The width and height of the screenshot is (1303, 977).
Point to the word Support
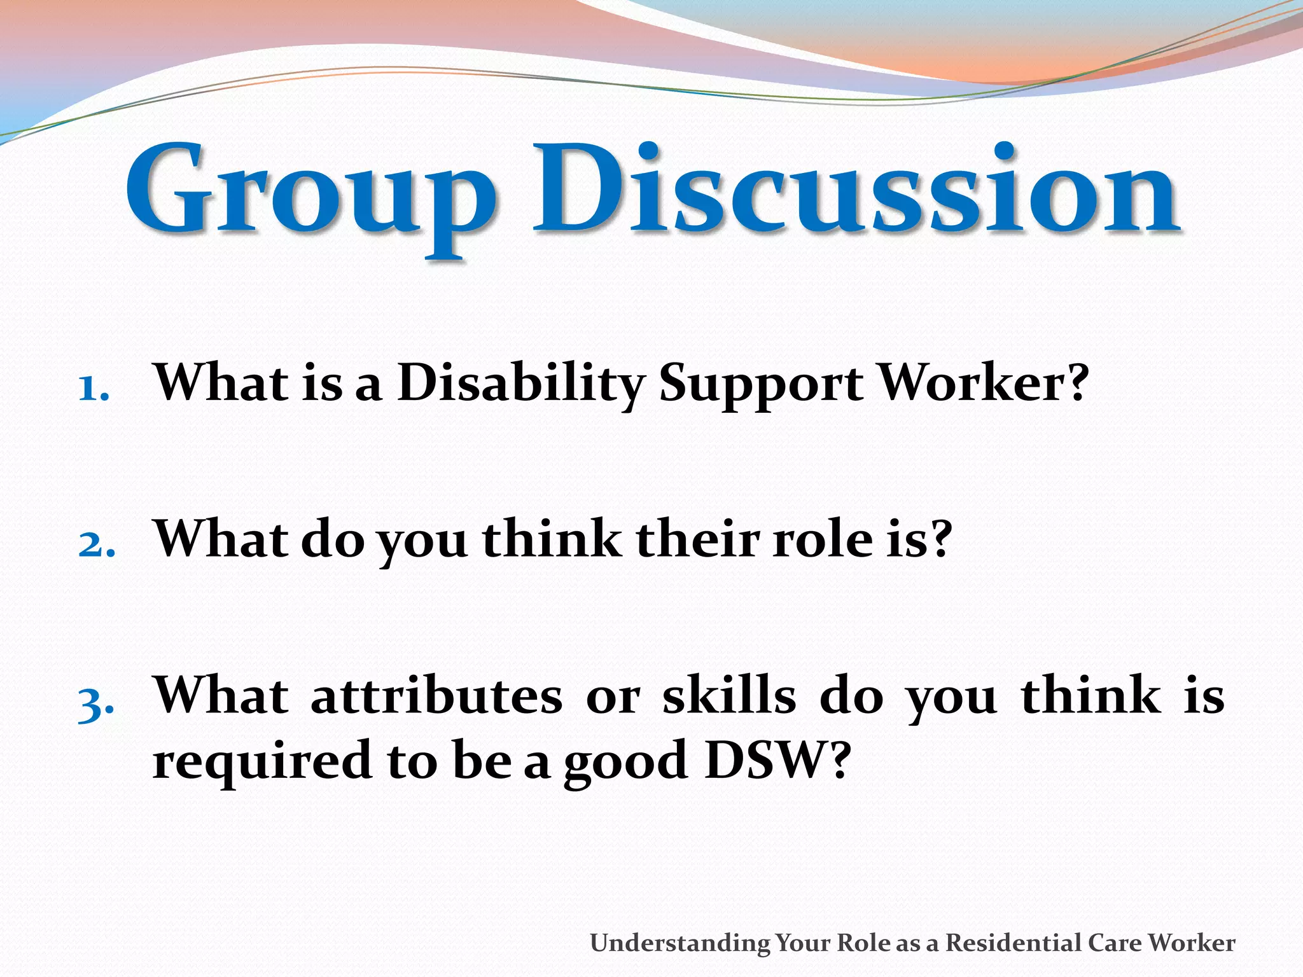(761, 385)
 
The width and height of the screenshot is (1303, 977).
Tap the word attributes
(436, 696)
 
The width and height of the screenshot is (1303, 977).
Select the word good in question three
(626, 763)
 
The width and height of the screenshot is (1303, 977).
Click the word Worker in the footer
(1192, 942)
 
